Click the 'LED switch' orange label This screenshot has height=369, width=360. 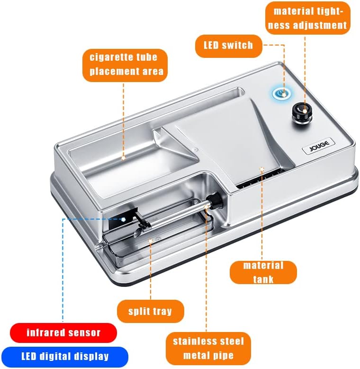coord(228,46)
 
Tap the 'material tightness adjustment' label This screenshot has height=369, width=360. coord(308,18)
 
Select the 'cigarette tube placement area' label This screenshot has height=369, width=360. coord(125,65)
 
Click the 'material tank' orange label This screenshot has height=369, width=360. coord(263,273)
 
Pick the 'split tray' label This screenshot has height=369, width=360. coord(150,311)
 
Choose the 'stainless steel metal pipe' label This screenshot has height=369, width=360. coord(208,348)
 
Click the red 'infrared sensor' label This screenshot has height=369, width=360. coord(63,333)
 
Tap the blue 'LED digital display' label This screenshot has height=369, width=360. coord(65,356)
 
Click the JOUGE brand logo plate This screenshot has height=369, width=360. coord(318,146)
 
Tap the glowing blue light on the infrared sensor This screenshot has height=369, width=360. coord(123,219)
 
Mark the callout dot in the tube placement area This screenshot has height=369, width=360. coord(123,158)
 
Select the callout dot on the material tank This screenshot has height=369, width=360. coord(262,169)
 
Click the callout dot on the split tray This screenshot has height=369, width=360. coord(150,241)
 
